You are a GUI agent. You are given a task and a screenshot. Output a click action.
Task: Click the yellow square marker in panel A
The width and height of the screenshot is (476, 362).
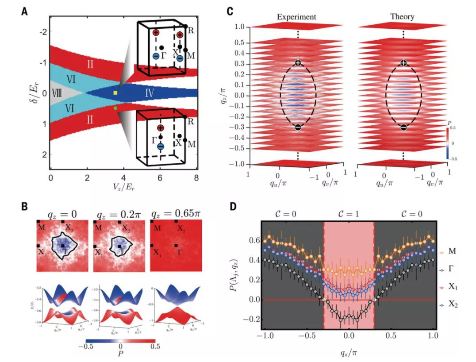point(115,93)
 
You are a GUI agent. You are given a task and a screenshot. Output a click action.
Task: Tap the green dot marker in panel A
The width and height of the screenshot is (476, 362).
point(115,108)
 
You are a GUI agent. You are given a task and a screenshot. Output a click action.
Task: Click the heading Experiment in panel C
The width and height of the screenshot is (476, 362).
point(297,17)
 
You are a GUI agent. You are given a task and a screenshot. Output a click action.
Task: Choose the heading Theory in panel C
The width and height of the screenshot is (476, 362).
point(402,17)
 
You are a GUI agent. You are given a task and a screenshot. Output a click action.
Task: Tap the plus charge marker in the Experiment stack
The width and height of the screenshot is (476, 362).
point(298,63)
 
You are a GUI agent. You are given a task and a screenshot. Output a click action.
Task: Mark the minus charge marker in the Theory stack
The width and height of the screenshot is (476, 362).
point(403,127)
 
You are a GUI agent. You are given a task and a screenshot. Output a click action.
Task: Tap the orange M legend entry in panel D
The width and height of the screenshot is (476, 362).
point(453,252)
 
